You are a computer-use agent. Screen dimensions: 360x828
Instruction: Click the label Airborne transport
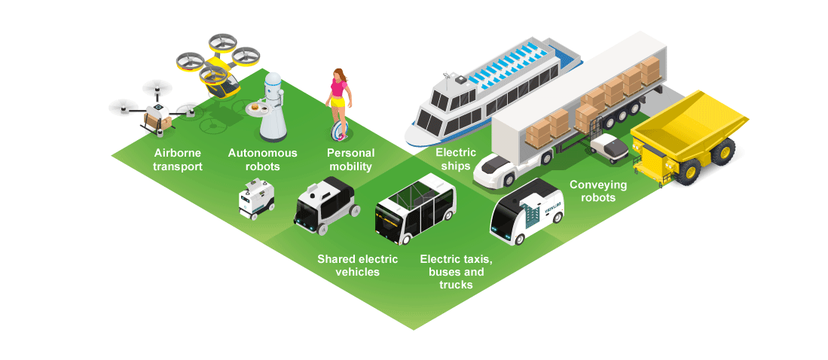tap(178, 160)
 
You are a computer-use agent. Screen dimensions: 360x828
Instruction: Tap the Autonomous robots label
tap(262, 160)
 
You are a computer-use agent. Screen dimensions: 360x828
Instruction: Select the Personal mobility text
tap(350, 160)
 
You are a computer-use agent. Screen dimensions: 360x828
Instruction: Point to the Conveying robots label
tap(592, 191)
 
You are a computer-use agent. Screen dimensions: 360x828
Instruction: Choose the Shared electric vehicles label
tap(357, 265)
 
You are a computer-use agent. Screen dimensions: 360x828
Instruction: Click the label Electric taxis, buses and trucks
tap(456, 272)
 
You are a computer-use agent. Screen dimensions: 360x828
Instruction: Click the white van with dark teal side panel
tap(527, 212)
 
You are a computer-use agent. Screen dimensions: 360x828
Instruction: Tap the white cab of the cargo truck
tap(498, 169)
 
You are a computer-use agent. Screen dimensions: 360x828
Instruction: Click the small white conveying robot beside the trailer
tap(610, 147)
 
